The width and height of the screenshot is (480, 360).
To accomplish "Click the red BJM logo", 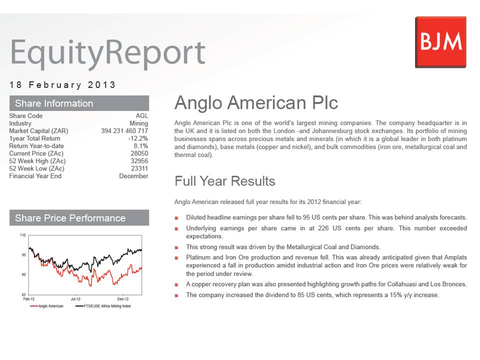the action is tap(441, 42).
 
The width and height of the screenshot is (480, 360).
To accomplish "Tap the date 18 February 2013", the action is tap(62, 85).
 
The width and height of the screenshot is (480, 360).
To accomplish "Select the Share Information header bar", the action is tap(79, 103).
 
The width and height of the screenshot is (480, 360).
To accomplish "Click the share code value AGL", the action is tap(142, 115).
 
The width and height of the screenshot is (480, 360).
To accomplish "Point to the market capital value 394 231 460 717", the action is tap(124, 130).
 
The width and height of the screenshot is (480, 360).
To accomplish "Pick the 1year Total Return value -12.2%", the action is tap(138, 138).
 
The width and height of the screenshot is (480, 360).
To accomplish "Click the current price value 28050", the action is tap(139, 153).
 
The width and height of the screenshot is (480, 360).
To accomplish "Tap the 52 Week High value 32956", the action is tap(139, 161).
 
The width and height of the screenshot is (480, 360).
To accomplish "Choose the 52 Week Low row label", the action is tap(36, 168).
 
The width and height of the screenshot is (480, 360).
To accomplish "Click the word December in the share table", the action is tap(134, 176).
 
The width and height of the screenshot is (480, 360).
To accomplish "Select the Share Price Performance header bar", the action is tap(79, 217).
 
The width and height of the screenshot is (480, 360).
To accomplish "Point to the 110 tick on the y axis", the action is tap(23, 235).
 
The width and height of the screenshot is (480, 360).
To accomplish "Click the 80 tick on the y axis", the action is tap(23, 274).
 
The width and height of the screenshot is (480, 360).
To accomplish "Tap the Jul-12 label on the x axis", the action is tap(75, 299).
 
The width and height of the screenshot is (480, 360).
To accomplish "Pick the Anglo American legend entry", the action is tap(46, 306).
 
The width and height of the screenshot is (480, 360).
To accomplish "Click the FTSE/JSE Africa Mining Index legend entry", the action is tap(103, 306).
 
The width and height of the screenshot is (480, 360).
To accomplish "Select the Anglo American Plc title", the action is tap(256, 102).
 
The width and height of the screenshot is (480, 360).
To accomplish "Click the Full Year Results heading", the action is tap(225, 181).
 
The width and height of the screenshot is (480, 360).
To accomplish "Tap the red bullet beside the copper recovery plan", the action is tap(176, 284).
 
